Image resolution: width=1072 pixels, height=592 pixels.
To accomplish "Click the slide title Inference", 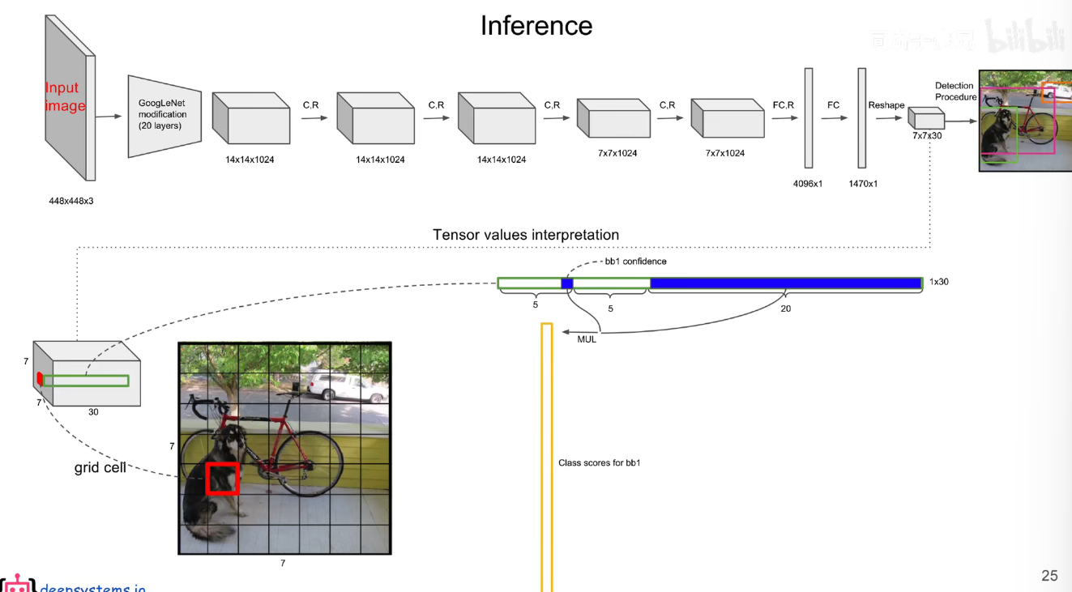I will pos(536,25).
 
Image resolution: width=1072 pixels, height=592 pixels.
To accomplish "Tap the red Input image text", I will pos(63,96).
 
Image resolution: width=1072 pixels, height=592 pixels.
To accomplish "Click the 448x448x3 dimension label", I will pos(71,201).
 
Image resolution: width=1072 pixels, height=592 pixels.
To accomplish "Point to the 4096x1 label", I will pos(808,184).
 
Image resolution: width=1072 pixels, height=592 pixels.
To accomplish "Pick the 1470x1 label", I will pos(863,184).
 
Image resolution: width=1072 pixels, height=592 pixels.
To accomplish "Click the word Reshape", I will pos(886,105).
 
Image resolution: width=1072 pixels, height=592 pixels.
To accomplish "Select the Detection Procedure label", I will pos(955,92).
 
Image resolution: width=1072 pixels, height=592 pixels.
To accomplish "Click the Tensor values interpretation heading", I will pos(526,235).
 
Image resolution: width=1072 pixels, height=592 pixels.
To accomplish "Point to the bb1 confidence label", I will pos(635,262).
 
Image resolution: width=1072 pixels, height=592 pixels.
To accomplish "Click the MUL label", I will pos(587,339).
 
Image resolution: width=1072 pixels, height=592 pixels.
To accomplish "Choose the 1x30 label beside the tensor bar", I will pos(938,282).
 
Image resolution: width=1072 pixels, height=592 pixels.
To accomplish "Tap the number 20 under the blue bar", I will pos(785,309).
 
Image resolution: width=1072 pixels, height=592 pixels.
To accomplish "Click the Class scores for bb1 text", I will pos(600,463).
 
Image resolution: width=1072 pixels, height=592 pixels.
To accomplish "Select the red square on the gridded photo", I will pos(222,478).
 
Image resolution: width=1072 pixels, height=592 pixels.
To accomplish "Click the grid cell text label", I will pos(100,467).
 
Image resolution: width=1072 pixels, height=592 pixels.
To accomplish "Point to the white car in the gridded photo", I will pos(337,386).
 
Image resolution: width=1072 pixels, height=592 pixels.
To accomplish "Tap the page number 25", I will pos(1049,576).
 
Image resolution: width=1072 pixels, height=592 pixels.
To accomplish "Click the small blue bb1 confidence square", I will pos(567,283).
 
